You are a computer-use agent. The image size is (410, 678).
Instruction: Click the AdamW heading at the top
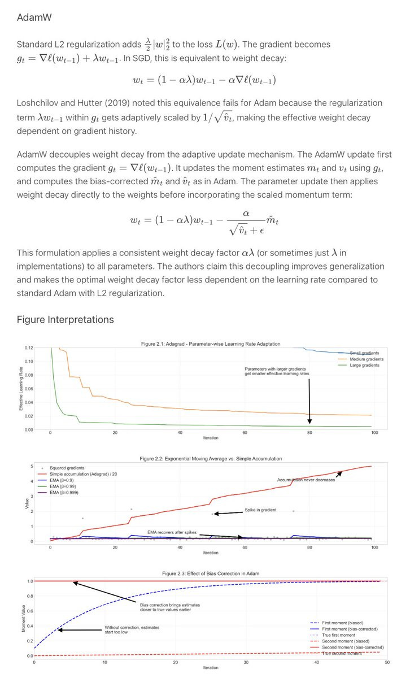click(34, 18)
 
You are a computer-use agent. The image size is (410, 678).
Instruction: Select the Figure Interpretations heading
click(65, 320)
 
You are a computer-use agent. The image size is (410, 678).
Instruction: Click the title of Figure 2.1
click(210, 344)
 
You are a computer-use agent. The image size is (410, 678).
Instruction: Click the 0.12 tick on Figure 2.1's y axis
click(28, 347)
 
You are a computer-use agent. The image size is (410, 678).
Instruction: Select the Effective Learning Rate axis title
click(21, 389)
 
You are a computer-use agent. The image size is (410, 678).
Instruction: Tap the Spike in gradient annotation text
click(260, 510)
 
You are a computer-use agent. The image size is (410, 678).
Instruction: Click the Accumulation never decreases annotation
click(306, 480)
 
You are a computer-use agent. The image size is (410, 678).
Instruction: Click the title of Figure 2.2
click(210, 458)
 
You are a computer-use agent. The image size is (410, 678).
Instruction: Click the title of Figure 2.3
click(210, 573)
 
